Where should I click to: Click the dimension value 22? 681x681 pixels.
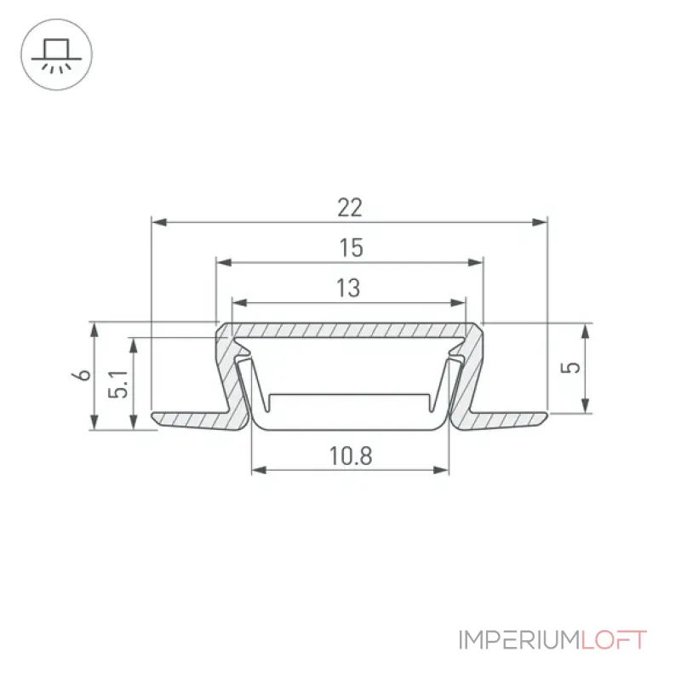click(x=350, y=208)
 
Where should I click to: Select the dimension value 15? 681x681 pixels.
click(x=351, y=248)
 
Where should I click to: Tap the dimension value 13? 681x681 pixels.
click(x=348, y=288)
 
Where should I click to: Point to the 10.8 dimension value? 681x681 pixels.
click(x=351, y=456)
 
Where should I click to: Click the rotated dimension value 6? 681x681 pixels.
click(x=82, y=375)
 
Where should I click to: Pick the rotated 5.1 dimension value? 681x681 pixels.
click(x=118, y=385)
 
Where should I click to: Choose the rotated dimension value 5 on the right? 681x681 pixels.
click(x=570, y=368)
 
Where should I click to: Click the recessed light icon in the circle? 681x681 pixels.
click(x=56, y=55)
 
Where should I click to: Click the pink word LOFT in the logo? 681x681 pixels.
click(x=613, y=640)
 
